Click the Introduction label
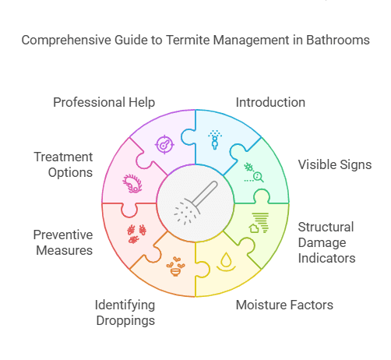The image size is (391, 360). coord(270,103)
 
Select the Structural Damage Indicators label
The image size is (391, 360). coord(326,242)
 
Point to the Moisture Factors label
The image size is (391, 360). coord(284,304)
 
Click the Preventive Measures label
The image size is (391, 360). coord(63,242)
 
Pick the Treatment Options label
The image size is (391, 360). coord(63,164)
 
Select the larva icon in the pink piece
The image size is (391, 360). coord(133,183)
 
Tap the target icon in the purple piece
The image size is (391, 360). coord(164,144)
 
